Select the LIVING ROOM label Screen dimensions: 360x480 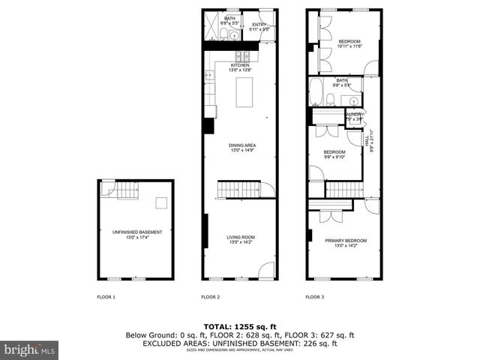coord(240,239)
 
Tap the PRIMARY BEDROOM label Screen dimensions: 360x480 coord(346,242)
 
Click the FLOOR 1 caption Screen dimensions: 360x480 coord(106,298)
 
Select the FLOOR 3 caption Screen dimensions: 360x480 coord(315,298)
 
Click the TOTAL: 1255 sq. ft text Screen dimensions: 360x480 coord(240,326)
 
